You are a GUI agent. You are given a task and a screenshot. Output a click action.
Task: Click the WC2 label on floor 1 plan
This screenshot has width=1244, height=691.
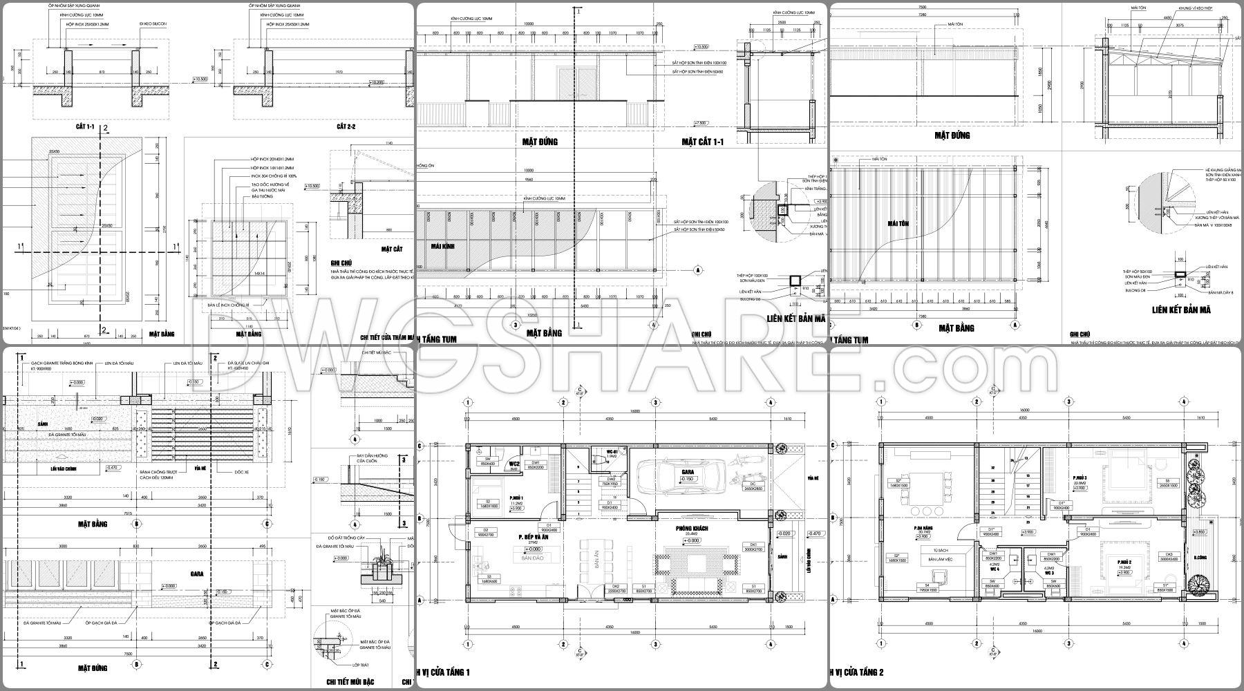tap(514, 464)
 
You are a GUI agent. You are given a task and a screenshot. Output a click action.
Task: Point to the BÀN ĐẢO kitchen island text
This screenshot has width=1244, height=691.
tap(530, 556)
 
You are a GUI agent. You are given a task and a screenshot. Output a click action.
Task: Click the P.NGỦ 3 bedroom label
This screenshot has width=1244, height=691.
tap(1080, 478)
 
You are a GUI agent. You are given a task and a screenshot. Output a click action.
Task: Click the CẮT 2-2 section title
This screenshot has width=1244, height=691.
tap(346, 126)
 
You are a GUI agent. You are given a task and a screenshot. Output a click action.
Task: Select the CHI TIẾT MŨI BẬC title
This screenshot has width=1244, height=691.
tap(352, 681)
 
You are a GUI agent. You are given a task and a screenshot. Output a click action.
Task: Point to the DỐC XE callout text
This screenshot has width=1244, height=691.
tap(224, 472)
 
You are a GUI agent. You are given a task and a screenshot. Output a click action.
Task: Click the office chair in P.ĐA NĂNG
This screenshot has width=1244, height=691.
tap(938, 575)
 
